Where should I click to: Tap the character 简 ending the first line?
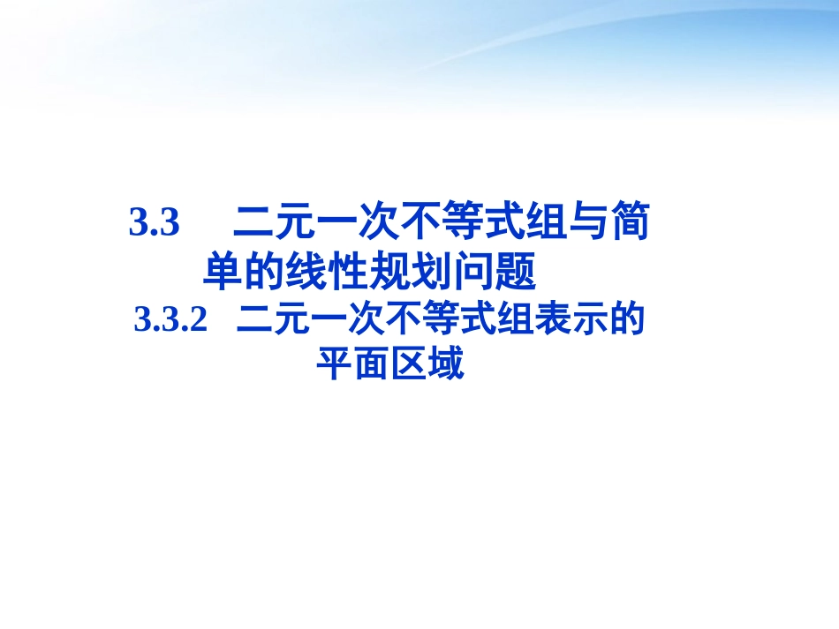pyautogui.click(x=630, y=224)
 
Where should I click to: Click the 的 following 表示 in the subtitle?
pyautogui.click(x=624, y=320)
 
